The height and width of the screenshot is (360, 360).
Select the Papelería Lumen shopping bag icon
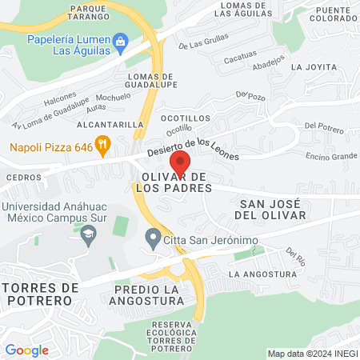pyautogui.click(x=120, y=40)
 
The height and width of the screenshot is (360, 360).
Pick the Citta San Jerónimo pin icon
pyautogui.click(x=152, y=238)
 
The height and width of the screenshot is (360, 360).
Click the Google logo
pyautogui.click(x=26, y=350)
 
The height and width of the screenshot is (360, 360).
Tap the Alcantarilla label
pyautogui.click(x=108, y=125)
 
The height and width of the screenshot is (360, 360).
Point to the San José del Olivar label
pyautogui.click(x=273, y=210)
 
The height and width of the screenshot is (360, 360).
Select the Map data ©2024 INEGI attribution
pyautogui.click(x=311, y=354)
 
